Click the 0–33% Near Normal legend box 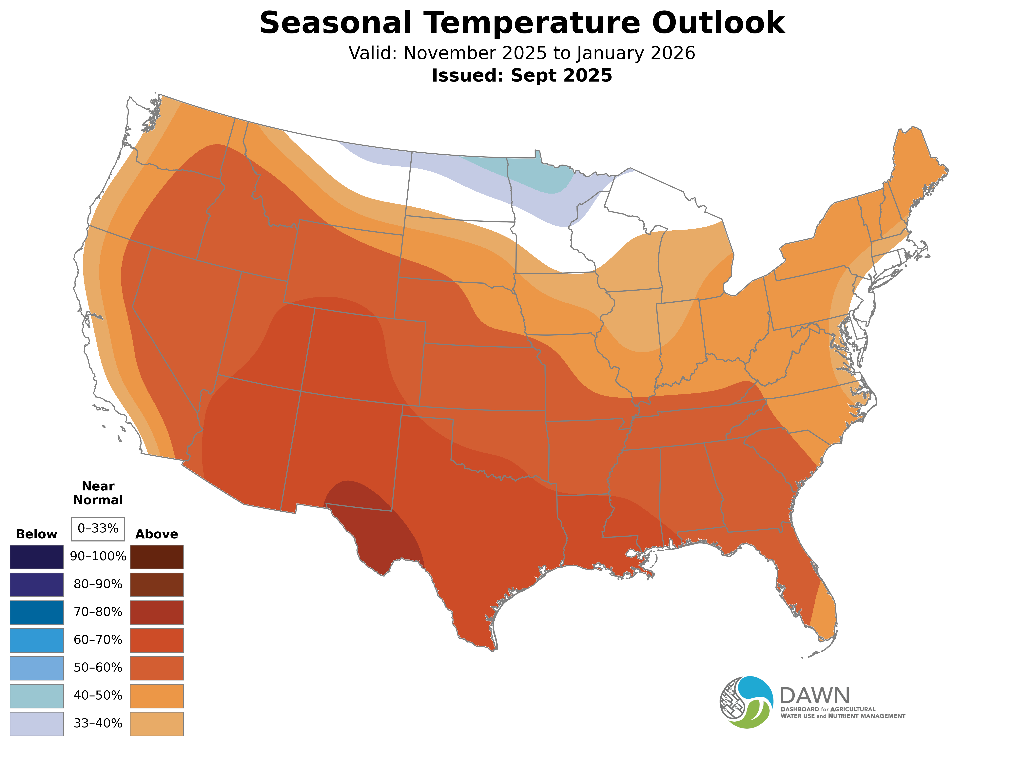pyautogui.click(x=98, y=529)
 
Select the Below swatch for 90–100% pyautogui.click(x=37, y=557)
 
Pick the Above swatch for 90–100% pyautogui.click(x=157, y=557)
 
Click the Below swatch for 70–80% pyautogui.click(x=37, y=612)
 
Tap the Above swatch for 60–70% pyautogui.click(x=157, y=640)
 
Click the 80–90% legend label pyautogui.click(x=98, y=584)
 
